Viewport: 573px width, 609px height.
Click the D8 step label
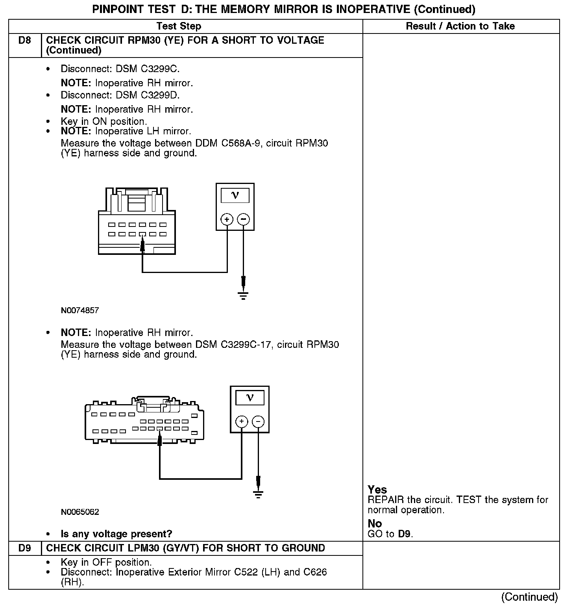(x=24, y=41)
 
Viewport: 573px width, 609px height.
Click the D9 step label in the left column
(x=24, y=548)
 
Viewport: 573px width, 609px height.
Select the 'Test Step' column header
(x=179, y=26)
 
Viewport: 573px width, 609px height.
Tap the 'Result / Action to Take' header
(x=460, y=26)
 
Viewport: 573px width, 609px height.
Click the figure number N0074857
(x=80, y=310)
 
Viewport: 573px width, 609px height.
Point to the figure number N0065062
(x=80, y=512)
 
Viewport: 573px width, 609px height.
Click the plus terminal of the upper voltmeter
(x=227, y=219)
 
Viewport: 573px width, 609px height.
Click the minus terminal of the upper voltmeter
(x=244, y=219)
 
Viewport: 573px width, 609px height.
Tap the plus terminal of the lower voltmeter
(x=242, y=422)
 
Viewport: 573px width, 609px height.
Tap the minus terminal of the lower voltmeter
(x=258, y=422)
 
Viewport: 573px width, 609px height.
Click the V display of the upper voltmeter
(x=235, y=195)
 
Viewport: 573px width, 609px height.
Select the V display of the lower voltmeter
(x=250, y=397)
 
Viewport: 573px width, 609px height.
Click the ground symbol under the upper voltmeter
(x=244, y=295)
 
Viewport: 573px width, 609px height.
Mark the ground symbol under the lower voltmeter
(x=258, y=494)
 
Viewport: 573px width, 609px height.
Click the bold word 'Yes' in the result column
(x=377, y=490)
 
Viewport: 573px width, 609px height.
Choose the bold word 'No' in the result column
(x=375, y=524)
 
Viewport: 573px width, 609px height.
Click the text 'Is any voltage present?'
(x=116, y=534)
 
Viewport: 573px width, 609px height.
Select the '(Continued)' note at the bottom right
(x=529, y=597)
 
